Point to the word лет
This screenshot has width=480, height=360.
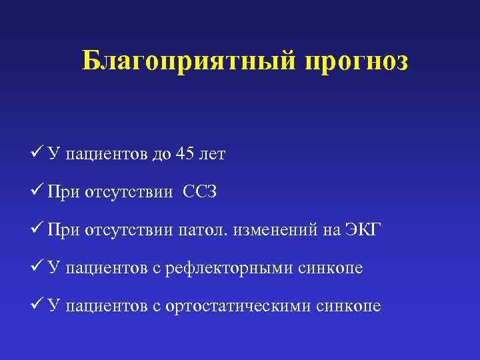pos(213,155)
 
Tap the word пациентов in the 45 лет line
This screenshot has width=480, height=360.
pos(107,155)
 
